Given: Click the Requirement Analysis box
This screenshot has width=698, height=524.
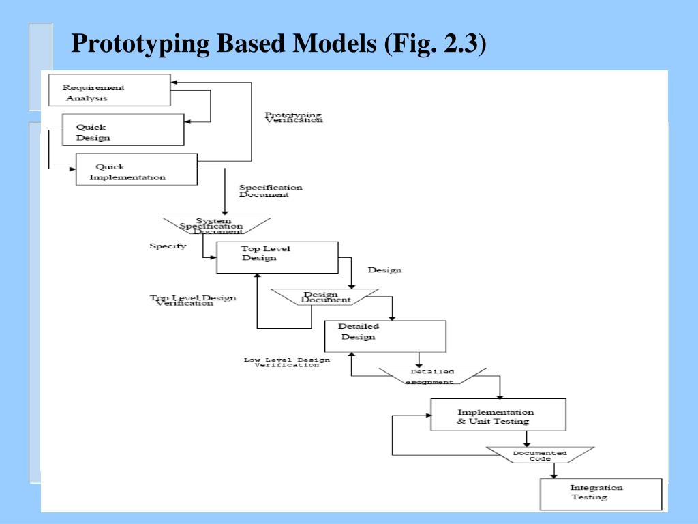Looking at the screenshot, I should [x=109, y=90].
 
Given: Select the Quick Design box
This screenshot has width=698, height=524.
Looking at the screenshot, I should [x=123, y=130].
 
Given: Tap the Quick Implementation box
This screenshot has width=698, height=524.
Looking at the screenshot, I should [x=136, y=169].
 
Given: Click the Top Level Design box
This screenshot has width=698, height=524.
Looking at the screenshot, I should [x=277, y=257].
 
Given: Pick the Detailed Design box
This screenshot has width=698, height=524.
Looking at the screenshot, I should [x=384, y=336].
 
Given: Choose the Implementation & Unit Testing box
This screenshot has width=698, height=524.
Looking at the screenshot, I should [x=498, y=415].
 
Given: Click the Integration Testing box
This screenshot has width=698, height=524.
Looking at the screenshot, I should [x=601, y=494].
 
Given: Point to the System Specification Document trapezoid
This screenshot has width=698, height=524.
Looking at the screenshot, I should [x=217, y=226].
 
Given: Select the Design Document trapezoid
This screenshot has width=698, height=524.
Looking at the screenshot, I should [x=325, y=297].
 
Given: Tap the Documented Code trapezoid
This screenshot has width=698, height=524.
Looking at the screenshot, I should [x=540, y=455].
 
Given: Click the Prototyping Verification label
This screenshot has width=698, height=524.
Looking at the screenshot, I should [x=293, y=117].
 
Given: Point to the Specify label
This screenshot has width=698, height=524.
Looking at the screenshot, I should [x=168, y=246].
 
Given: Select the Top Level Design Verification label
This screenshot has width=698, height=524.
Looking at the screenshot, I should [x=193, y=300].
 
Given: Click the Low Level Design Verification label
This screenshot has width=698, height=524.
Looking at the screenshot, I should [x=287, y=362].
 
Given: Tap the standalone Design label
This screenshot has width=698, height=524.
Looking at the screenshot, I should [x=384, y=270].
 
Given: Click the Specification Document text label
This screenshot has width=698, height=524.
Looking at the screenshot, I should [x=270, y=191].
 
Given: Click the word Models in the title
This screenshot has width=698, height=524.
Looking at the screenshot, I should [x=334, y=45].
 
